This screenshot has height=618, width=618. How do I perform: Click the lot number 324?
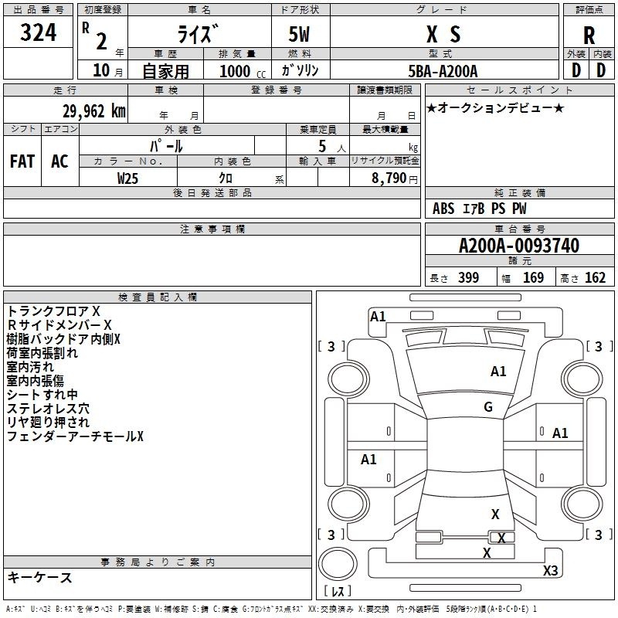[x=38, y=32]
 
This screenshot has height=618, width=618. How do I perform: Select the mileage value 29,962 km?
[x=94, y=111]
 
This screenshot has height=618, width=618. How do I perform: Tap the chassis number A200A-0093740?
[x=519, y=245]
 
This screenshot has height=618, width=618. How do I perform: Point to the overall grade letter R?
[x=589, y=36]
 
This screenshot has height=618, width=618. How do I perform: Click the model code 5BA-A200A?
[x=443, y=71]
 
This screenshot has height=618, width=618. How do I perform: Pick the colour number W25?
[x=127, y=178]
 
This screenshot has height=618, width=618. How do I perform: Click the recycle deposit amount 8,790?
[x=389, y=178]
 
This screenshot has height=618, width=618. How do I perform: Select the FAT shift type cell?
[x=22, y=161]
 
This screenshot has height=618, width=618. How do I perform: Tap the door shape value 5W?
[x=299, y=34]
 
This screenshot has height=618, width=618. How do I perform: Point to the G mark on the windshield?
[x=488, y=406]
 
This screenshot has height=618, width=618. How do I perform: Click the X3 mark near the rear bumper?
[x=550, y=570]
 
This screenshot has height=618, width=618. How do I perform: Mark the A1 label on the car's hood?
[x=498, y=371]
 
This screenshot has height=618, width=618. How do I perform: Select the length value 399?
[x=469, y=277]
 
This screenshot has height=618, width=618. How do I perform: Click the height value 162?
[x=595, y=277]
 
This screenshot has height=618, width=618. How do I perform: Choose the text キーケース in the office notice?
[x=40, y=577]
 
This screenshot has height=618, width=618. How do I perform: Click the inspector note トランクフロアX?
[x=53, y=311]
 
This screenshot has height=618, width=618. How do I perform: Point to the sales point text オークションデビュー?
[x=495, y=107]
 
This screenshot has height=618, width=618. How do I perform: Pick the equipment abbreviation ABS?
[x=443, y=209]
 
